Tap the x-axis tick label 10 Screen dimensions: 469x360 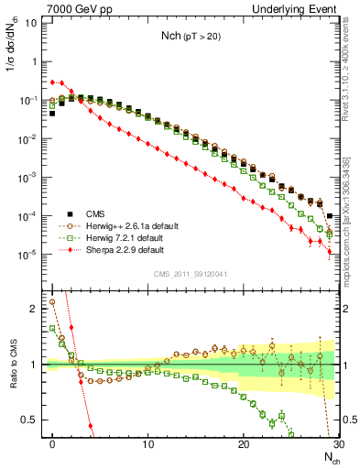(147, 444)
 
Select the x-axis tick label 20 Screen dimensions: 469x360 (243, 444)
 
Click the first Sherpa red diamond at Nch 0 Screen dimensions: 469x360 (52, 82)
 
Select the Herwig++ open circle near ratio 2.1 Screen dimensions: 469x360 (52, 301)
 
